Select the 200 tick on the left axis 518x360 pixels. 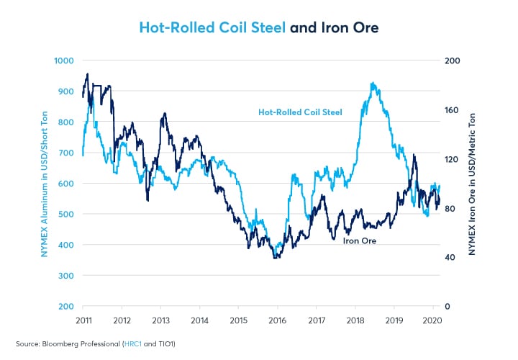65,307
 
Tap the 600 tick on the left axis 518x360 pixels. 65,184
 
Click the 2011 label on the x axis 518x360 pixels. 83,319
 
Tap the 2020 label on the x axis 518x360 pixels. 433,319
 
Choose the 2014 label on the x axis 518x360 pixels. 200,319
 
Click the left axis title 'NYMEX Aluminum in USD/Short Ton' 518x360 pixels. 45,184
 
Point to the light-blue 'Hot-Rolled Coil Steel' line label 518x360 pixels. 301,112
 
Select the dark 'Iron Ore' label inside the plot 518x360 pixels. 360,240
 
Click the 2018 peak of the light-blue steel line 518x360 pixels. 373,84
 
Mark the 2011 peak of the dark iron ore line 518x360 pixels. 87,73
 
